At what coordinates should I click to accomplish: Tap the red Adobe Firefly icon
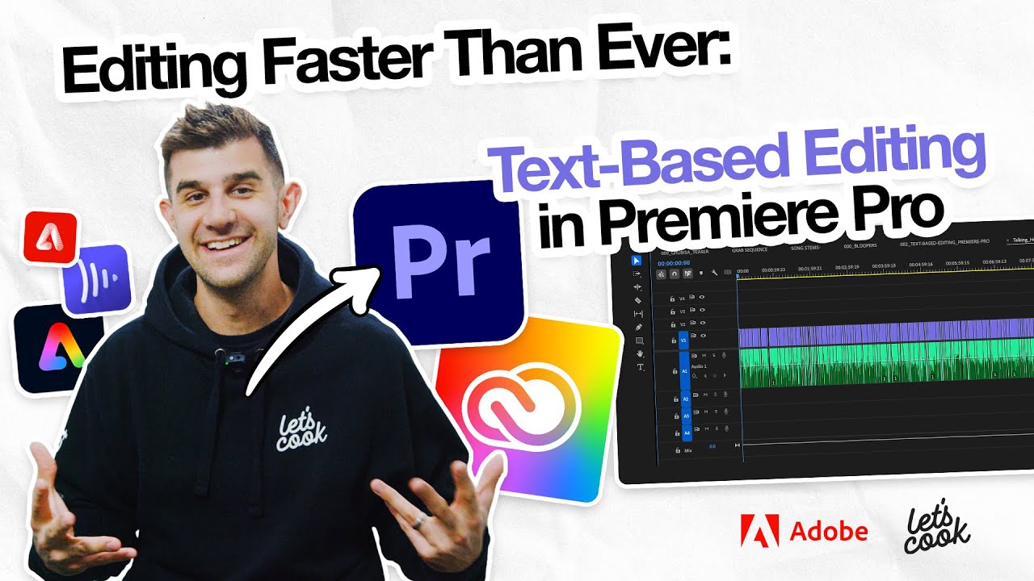(x=50, y=236)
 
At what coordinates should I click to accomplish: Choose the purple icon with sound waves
(x=97, y=279)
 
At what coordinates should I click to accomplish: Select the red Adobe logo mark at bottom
(x=760, y=531)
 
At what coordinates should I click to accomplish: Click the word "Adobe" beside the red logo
(x=829, y=532)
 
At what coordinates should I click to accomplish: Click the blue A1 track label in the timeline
(x=685, y=372)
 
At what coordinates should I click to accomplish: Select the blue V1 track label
(x=684, y=341)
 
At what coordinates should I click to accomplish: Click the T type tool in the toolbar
(x=641, y=367)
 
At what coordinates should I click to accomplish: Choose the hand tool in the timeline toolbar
(x=640, y=353)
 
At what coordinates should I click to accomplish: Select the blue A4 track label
(x=686, y=433)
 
